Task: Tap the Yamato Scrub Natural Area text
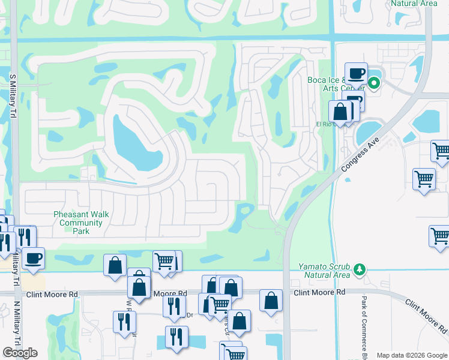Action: (x=325, y=271)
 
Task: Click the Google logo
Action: (x=20, y=353)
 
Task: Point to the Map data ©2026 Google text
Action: (x=412, y=355)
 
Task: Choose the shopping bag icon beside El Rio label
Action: (x=340, y=112)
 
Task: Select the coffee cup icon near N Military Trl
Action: (x=34, y=257)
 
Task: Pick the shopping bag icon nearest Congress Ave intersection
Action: (x=271, y=300)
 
